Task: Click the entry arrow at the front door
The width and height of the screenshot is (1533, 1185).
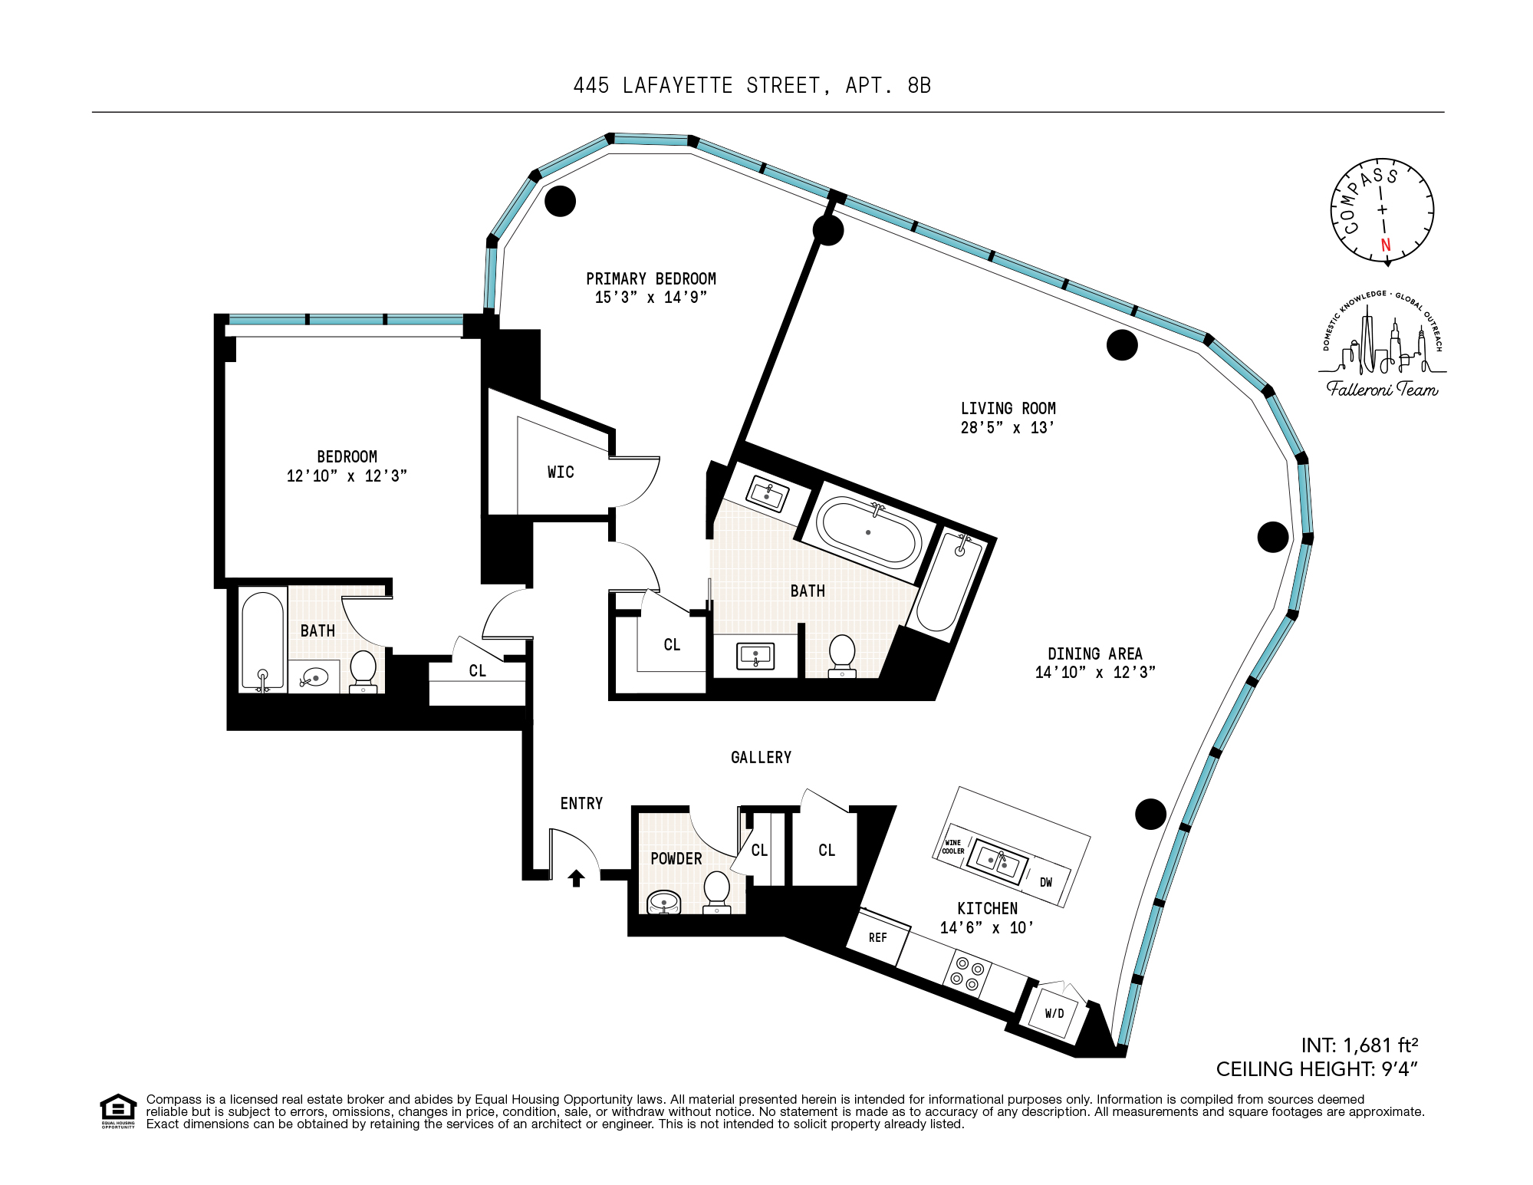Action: pos(576,877)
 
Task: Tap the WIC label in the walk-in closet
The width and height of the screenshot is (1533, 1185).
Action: pos(561,472)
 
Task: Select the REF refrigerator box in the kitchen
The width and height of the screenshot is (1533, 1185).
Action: pos(878,937)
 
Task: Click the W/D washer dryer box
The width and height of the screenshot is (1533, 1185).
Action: pos(1054,1013)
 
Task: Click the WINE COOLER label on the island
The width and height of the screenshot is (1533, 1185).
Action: pos(952,847)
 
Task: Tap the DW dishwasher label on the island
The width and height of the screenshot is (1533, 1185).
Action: pos(1045,882)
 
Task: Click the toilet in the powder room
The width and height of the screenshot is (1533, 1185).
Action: pos(717,890)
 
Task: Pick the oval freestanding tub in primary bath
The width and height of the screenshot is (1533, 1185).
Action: pos(868,532)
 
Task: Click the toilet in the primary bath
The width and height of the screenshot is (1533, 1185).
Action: pos(842,654)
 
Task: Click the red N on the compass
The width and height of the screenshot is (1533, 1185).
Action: pos(1385,245)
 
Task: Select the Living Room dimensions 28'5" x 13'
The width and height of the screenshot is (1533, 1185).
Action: pos(1007,428)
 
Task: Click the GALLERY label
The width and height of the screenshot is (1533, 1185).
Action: pos(761,758)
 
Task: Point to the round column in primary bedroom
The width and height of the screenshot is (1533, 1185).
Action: pos(560,201)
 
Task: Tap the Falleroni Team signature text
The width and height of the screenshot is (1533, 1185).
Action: pos(1382,389)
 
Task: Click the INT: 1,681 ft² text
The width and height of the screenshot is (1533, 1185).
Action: pos(1359,1045)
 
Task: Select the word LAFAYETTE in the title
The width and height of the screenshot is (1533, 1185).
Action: pos(677,85)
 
